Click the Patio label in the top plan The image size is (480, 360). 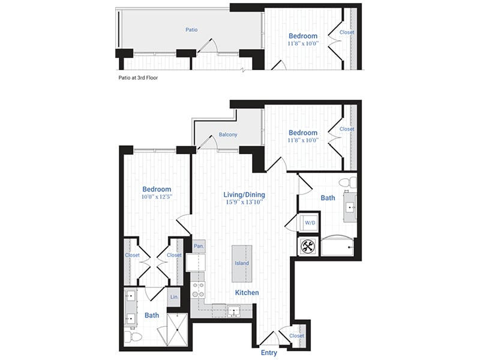tap(191, 29)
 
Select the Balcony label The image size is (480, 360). tap(227, 134)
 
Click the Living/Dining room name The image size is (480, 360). tap(244, 195)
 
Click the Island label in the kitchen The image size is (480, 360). tap(242, 263)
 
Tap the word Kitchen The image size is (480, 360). tap(247, 293)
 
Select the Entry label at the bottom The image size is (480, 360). tap(269, 353)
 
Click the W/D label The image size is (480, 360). tap(310, 223)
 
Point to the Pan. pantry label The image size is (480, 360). tap(198, 246)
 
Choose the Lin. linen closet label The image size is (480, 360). tap(174, 296)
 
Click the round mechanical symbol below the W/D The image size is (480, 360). tap(307, 245)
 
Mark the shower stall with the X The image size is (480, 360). tap(178, 330)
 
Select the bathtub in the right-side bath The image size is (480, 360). tap(336, 247)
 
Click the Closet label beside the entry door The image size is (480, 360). tap(296, 336)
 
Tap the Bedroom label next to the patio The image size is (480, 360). tap(303, 36)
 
